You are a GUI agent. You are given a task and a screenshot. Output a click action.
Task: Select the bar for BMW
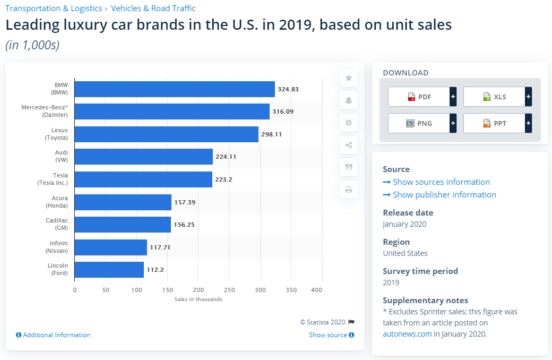[175, 89]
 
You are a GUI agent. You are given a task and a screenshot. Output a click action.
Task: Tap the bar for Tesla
[143, 179]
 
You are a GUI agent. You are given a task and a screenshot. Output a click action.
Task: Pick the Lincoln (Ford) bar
[109, 270]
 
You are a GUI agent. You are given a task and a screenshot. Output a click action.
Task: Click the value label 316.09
[282, 112]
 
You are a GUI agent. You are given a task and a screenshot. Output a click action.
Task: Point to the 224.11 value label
[226, 157]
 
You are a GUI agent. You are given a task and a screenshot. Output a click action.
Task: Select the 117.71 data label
[160, 247]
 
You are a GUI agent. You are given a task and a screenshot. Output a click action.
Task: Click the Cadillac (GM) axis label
[57, 224]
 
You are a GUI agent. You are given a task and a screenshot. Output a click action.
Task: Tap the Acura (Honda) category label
[57, 202]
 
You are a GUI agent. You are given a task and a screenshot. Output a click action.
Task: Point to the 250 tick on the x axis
[229, 290]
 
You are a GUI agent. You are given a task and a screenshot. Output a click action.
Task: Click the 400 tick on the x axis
[317, 290]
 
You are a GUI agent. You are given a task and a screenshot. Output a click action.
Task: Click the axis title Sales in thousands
[198, 299]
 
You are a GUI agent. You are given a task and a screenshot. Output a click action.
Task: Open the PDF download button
[419, 97]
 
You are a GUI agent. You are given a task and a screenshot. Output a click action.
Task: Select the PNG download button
[419, 123]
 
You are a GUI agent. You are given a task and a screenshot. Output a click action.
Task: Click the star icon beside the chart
[349, 78]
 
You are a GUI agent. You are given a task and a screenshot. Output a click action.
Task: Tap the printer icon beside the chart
[349, 190]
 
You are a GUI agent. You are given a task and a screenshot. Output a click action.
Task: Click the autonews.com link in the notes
[407, 334]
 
